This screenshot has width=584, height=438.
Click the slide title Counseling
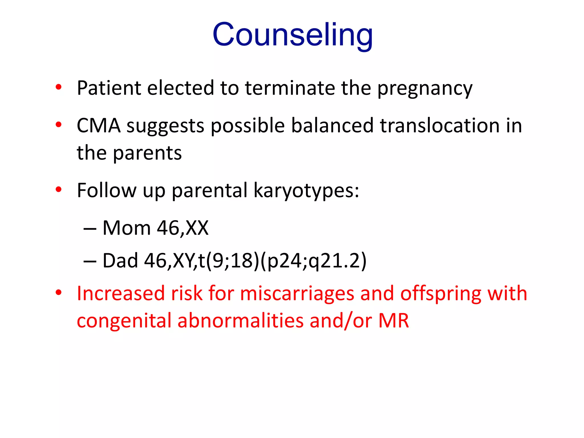293,35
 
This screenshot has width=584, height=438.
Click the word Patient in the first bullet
109,88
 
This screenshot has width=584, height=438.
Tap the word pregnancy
425,89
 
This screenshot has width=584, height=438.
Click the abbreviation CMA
99,125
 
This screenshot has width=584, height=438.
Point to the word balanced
332,125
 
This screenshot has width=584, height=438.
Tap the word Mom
126,228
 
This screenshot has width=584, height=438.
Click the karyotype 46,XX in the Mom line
182,228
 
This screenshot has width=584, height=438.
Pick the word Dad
120,261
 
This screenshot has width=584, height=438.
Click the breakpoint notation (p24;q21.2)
314,261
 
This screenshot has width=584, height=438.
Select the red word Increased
121,294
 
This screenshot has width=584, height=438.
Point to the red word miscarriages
297,294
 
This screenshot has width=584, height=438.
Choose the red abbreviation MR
394,321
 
